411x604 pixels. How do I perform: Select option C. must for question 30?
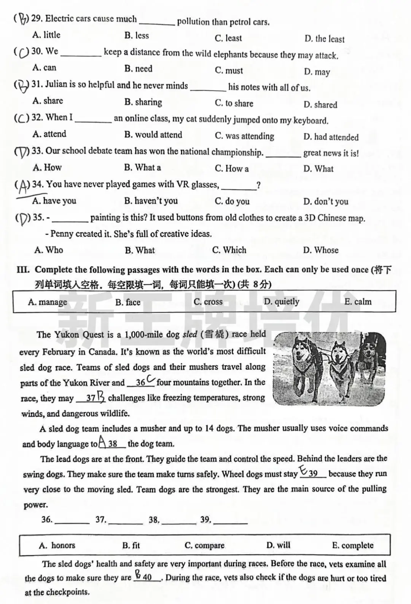pyautogui.click(x=229, y=70)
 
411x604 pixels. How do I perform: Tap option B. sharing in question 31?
pyautogui.click(x=143, y=102)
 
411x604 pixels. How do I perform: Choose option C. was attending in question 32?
pyautogui.click(x=244, y=136)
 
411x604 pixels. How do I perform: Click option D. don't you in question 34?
pyautogui.click(x=326, y=202)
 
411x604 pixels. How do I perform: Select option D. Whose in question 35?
pyautogui.click(x=321, y=250)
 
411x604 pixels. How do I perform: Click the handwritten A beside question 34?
pyautogui.click(x=23, y=186)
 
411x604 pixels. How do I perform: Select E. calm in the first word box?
pyautogui.click(x=358, y=302)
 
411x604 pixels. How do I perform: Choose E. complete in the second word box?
pyautogui.click(x=352, y=545)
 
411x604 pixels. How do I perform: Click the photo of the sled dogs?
pyautogui.click(x=329, y=369)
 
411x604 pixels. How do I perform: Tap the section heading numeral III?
pyautogui.click(x=23, y=270)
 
